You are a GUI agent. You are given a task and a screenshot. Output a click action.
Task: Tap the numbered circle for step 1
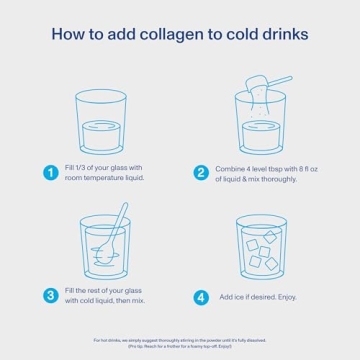[50, 172]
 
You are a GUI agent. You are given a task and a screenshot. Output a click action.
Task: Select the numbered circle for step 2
[201, 172]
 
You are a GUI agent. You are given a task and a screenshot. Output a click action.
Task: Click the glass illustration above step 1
[105, 122]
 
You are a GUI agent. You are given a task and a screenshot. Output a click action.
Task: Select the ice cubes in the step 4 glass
[263, 247]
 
